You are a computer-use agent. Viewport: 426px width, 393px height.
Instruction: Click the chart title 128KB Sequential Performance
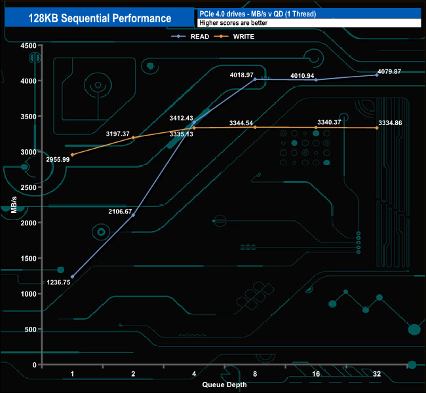pos(100,18)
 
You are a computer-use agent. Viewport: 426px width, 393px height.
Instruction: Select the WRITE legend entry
pos(243,37)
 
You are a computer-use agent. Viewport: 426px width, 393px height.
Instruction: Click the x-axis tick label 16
pos(316,373)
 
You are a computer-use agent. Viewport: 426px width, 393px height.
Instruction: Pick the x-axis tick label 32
pos(377,373)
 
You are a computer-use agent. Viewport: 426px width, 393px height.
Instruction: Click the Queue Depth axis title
pos(224,384)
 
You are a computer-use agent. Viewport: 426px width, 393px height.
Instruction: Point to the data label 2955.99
pos(58,159)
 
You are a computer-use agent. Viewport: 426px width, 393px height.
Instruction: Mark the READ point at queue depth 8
pos(255,79)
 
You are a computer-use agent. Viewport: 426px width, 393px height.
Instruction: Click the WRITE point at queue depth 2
pos(134,138)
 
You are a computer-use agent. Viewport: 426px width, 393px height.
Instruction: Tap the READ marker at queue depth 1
pos(72,277)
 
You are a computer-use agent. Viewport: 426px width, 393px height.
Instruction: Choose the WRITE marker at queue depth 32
pos(377,128)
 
